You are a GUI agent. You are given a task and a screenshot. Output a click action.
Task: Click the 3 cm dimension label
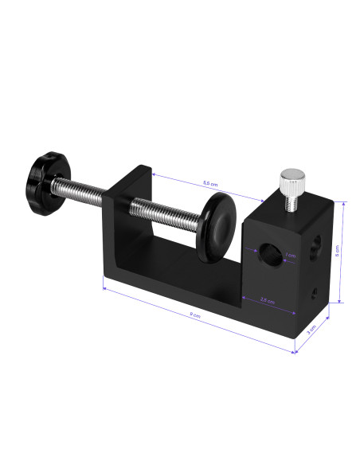(313, 327)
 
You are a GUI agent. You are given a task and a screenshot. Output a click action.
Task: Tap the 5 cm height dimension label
(337, 250)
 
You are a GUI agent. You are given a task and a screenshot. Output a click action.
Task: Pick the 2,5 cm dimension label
(268, 301)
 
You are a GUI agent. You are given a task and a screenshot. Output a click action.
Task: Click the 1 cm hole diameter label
(291, 256)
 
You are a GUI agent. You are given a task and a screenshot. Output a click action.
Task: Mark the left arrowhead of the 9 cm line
(105, 290)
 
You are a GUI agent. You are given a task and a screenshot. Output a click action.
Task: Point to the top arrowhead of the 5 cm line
(343, 204)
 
